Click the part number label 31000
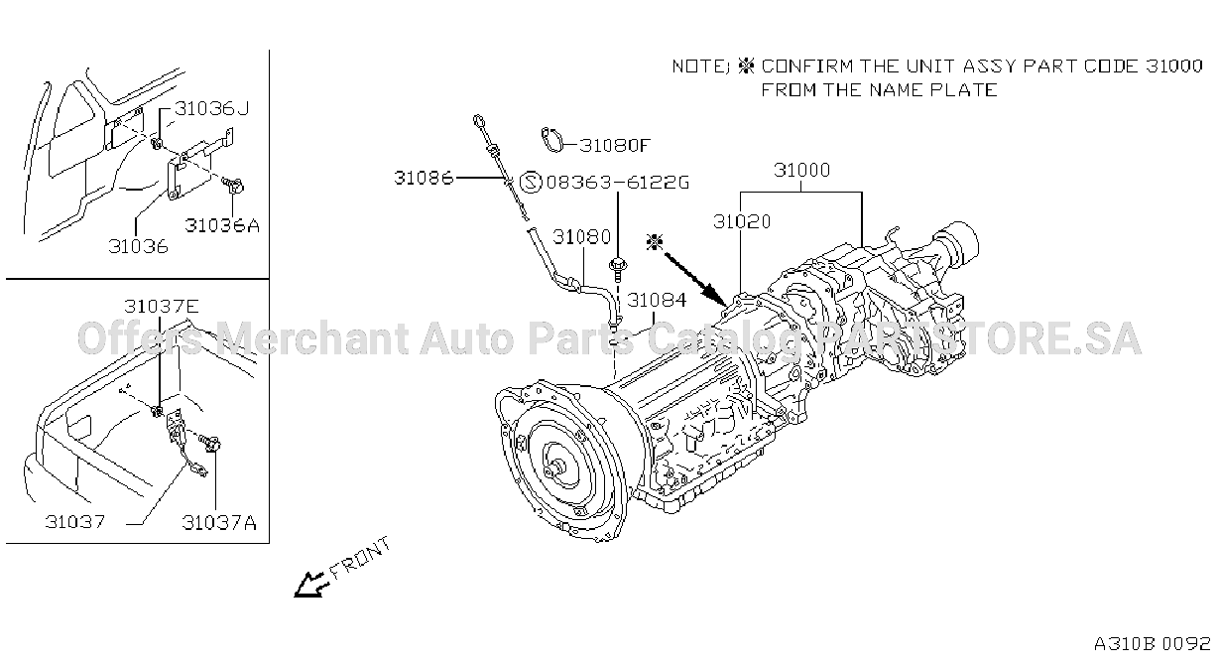pos(801,171)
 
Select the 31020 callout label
pos(742,221)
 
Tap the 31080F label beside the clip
pos(614,145)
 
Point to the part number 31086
pos(424,178)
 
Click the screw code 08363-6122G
pos(618,182)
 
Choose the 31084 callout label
pos(657,300)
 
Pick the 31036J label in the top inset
pos(211,108)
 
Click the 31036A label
pos(222,225)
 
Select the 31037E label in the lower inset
pos(161,306)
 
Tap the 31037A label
pos(219,523)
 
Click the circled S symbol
pos(531,182)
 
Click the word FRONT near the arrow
pos(361,558)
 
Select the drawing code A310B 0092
pos(1153,643)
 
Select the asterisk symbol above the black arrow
pos(654,242)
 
